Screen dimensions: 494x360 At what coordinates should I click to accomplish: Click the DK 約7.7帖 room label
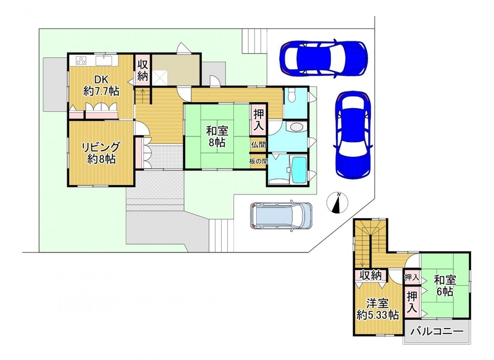point(101,85)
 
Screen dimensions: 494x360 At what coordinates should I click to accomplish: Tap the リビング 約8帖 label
point(101,153)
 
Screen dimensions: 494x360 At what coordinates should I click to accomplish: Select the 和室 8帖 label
point(217,136)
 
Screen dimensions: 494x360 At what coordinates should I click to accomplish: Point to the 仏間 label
point(258,145)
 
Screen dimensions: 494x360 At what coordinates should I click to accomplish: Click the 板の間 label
point(258,161)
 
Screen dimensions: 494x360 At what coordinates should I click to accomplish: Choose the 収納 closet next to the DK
point(143,70)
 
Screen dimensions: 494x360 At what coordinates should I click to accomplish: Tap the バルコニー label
point(438,332)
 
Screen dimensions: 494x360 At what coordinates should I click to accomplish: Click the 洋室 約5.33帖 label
point(378,309)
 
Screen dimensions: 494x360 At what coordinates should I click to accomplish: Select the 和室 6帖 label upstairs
point(445,285)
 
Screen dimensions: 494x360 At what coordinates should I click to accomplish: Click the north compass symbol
point(337,203)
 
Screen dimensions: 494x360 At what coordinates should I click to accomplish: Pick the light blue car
point(281,216)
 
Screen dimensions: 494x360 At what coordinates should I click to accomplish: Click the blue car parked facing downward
point(353,135)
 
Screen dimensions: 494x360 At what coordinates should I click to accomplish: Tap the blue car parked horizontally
point(324,57)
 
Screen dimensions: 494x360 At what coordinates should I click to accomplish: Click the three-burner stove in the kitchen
point(82,61)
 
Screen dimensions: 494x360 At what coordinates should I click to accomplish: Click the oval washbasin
point(296,127)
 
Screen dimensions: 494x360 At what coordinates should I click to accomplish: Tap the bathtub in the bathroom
point(299,169)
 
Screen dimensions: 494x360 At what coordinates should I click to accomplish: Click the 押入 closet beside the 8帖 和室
point(259,120)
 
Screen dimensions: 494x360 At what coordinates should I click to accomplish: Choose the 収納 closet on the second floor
point(371,275)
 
